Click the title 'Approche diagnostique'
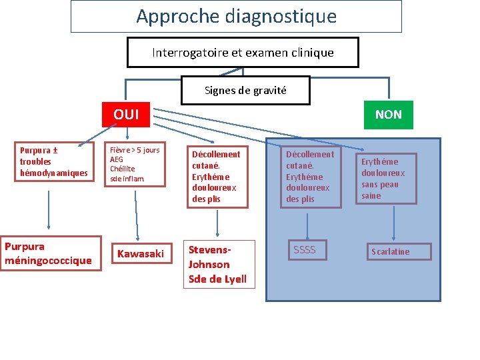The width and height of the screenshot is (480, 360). click(x=237, y=16)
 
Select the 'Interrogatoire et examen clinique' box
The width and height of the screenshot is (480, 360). click(x=243, y=52)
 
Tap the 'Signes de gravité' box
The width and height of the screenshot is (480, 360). click(x=245, y=90)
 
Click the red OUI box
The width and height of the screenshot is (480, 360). click(x=126, y=114)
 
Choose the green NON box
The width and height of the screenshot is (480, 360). click(x=388, y=114)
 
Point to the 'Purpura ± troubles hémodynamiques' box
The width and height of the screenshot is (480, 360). click(x=53, y=162)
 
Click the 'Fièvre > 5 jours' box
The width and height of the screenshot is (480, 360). click(x=135, y=165)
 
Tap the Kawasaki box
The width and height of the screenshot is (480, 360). click(x=141, y=253)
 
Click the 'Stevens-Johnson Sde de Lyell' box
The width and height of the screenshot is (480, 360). click(x=218, y=264)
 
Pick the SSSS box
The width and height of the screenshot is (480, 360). click(x=305, y=250)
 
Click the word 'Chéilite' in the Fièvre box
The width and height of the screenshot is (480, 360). click(x=123, y=169)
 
